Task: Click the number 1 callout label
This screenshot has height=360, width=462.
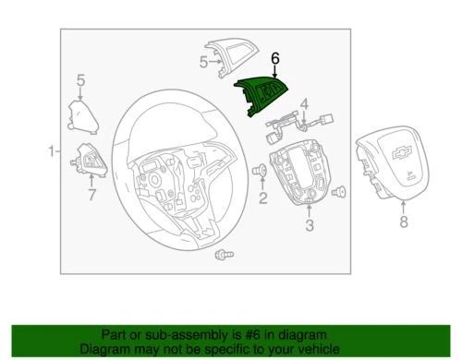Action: click(50, 150)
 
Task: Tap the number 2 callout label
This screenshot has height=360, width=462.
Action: click(263, 198)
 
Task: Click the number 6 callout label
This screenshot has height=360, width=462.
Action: click(274, 58)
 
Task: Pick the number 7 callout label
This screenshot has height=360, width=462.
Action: click(91, 195)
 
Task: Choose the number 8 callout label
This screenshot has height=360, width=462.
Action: click(403, 222)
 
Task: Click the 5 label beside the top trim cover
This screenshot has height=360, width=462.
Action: click(203, 62)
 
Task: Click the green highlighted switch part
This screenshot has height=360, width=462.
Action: click(263, 97)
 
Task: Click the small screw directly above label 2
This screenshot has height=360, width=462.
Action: click(261, 171)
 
